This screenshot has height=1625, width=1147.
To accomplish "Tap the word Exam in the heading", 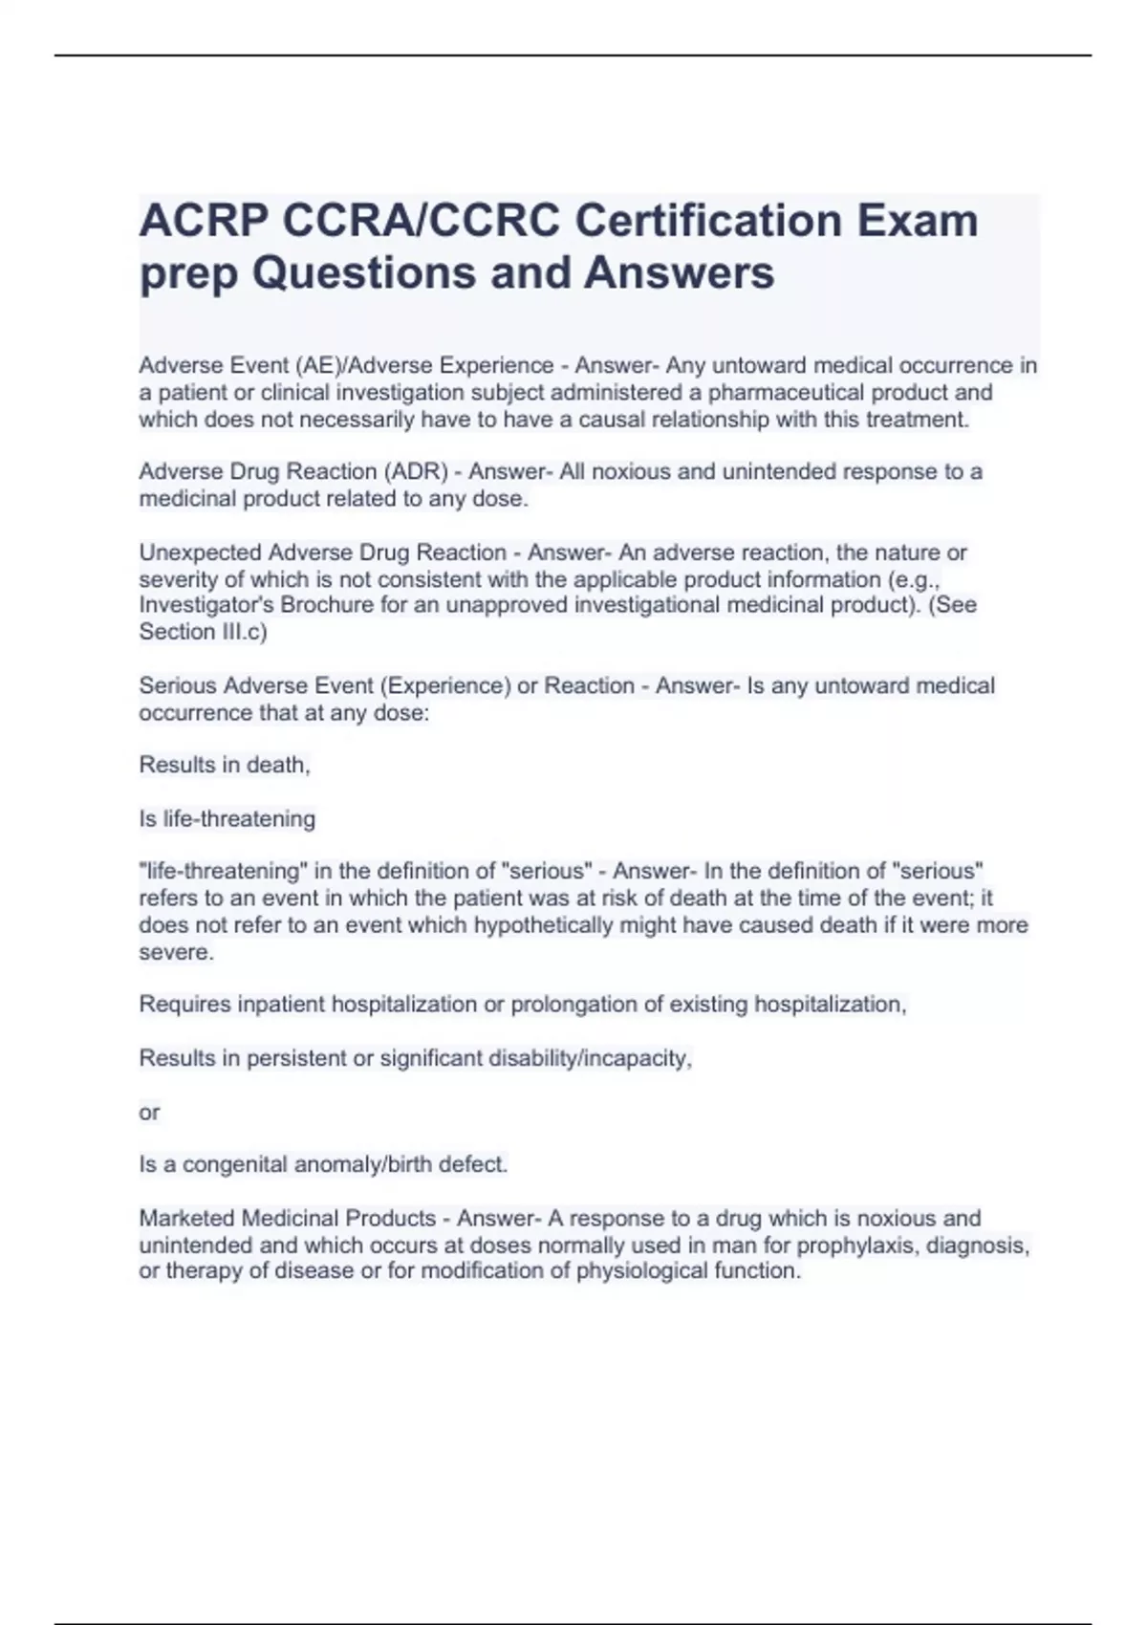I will click(x=917, y=221).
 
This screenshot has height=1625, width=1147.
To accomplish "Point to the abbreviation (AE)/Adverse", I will click(x=363, y=365).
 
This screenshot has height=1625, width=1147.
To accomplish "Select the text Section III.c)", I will click(x=203, y=632).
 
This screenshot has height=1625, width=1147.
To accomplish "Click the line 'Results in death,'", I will click(x=225, y=765).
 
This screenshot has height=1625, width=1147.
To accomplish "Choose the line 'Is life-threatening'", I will click(x=227, y=818).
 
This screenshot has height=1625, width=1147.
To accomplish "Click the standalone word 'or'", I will click(x=149, y=1112).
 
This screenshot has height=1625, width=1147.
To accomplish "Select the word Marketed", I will click(x=186, y=1218).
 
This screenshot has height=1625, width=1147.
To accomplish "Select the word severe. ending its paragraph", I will click(x=176, y=952).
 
